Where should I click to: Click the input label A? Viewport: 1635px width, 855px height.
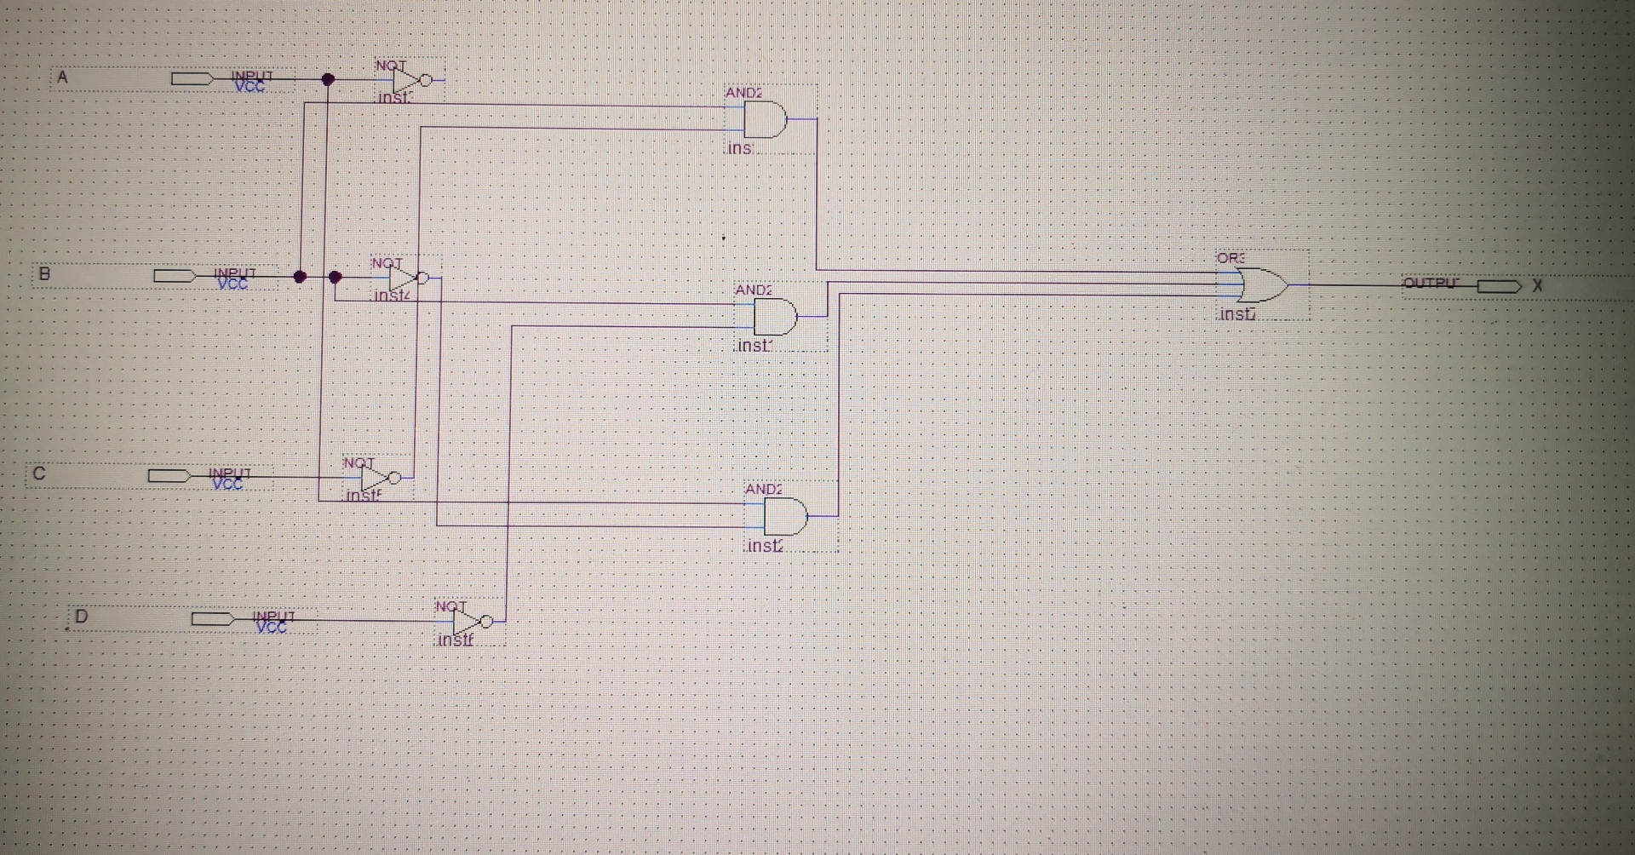[62, 77]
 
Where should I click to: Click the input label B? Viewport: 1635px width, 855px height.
[44, 274]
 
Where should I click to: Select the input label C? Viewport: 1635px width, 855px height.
[39, 473]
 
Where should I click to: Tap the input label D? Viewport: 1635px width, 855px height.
[82, 616]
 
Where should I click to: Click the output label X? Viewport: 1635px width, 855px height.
[1537, 286]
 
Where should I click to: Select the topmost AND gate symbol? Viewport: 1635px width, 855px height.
[765, 120]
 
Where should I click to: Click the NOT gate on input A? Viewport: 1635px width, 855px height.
[409, 80]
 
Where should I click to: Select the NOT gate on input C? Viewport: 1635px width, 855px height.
[377, 478]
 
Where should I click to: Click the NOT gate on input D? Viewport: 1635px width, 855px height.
[469, 622]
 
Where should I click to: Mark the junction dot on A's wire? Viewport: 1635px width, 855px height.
[328, 79]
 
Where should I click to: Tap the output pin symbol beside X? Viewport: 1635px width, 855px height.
[1499, 286]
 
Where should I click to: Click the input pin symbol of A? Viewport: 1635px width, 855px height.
[192, 79]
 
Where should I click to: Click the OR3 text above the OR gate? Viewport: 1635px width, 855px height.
[1231, 258]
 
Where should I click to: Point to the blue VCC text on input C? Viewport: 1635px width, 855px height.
[227, 485]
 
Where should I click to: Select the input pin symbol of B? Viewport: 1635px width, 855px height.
[175, 276]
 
